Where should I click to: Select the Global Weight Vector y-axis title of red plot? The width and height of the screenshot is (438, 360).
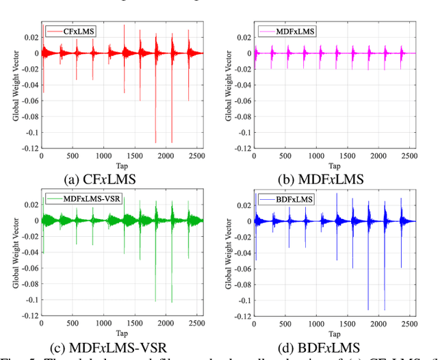coord(14,86)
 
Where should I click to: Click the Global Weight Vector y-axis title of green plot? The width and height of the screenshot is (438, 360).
coord(14,254)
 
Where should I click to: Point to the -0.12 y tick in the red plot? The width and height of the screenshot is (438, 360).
coord(30,149)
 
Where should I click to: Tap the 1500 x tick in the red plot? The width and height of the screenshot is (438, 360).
coord(130,157)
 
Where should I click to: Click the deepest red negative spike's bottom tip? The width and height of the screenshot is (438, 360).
coord(155,142)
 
